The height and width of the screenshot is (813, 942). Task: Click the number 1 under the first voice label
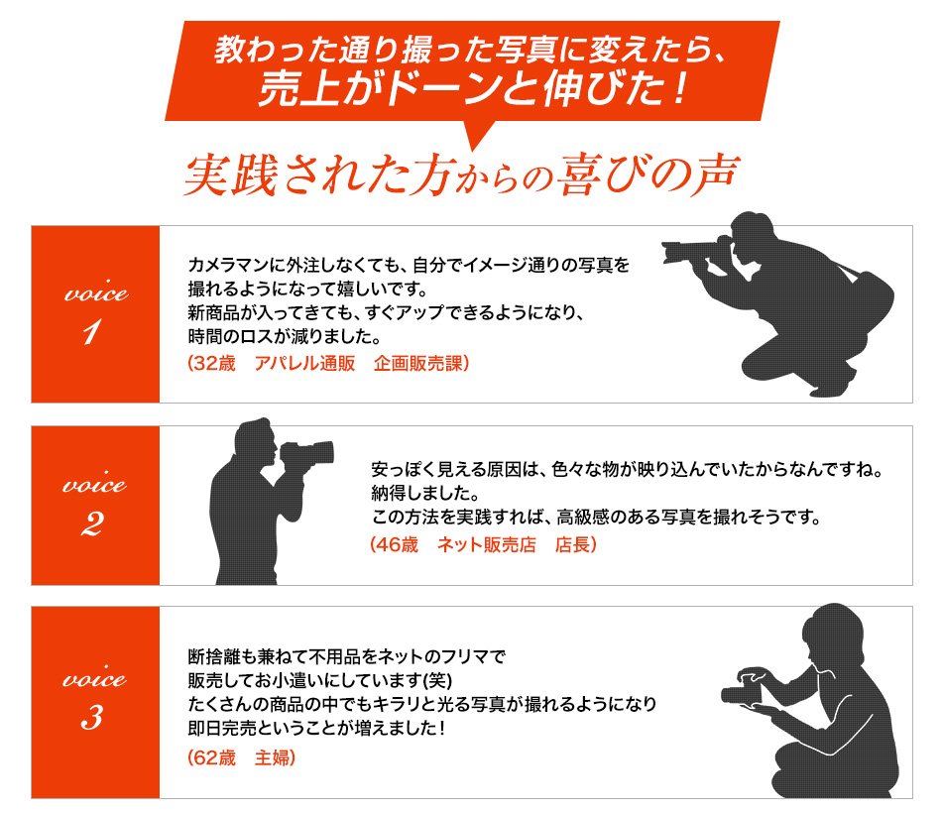[x=91, y=331]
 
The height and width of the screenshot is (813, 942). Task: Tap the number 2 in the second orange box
[x=92, y=523]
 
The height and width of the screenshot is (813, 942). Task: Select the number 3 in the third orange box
[x=92, y=716]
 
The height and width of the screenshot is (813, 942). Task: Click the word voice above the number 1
[x=96, y=292]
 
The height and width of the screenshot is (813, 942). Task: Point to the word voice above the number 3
[x=94, y=677]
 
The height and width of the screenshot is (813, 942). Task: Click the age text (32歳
[x=211, y=364]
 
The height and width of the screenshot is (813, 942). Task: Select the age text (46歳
[x=394, y=544]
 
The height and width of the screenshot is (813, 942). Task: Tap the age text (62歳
[x=211, y=757]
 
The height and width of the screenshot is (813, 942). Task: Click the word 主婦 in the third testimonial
[x=275, y=757]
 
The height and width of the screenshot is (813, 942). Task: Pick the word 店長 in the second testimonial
[x=575, y=544]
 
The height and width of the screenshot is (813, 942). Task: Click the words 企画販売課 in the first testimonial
[x=420, y=364]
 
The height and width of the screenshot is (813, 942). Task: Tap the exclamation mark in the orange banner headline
[x=681, y=89]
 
